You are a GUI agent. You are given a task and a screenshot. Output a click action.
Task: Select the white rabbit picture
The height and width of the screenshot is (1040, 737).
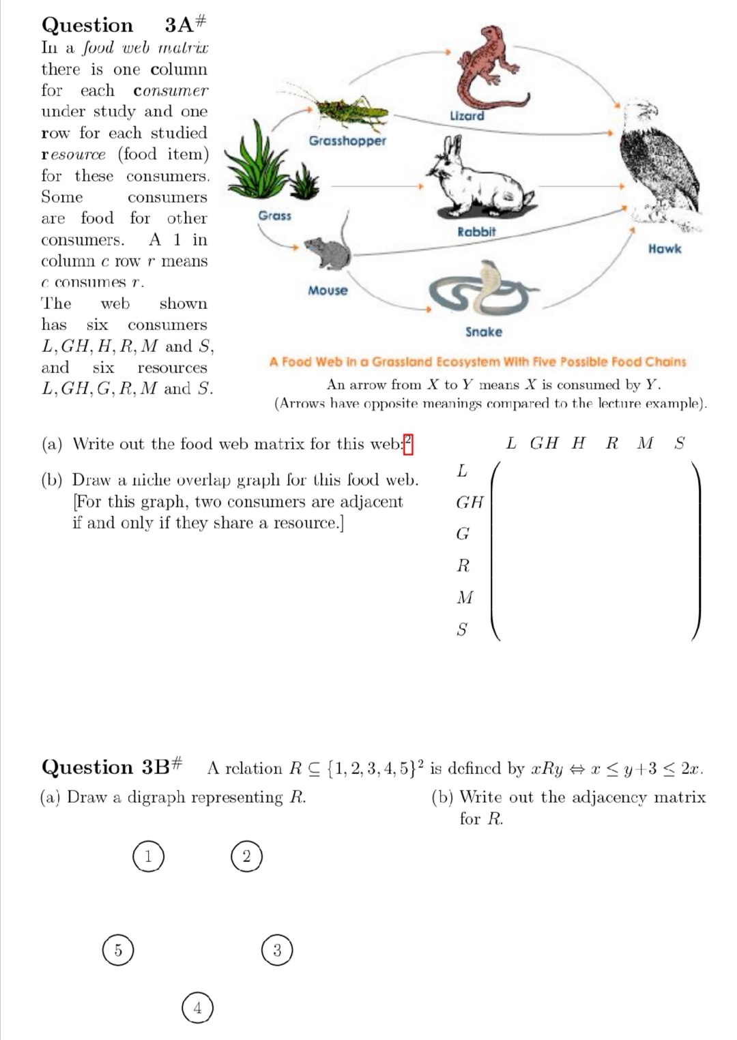click(x=478, y=181)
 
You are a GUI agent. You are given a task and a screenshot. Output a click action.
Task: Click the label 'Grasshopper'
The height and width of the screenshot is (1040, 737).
click(x=347, y=140)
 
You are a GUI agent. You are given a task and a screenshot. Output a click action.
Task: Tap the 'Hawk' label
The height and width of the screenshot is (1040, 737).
click(x=664, y=249)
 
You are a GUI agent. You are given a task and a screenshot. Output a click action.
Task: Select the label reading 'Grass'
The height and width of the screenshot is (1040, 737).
click(x=274, y=216)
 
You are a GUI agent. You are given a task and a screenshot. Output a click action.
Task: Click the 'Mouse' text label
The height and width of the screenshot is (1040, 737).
click(x=328, y=291)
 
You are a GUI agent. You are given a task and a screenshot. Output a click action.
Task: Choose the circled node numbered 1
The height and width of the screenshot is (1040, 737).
click(x=148, y=856)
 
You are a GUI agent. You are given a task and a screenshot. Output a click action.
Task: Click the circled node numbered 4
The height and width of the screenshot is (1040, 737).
click(x=197, y=1007)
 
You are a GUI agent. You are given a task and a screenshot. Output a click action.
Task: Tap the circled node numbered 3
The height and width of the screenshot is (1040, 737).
click(x=276, y=950)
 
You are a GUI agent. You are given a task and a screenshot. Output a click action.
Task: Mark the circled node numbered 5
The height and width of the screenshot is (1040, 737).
click(x=118, y=950)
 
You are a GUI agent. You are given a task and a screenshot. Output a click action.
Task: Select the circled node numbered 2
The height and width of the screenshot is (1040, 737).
click(x=246, y=856)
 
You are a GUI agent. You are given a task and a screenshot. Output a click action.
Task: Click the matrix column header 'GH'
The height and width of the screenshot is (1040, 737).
click(x=544, y=443)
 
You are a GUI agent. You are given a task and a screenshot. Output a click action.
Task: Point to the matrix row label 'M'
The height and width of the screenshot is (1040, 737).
click(x=464, y=597)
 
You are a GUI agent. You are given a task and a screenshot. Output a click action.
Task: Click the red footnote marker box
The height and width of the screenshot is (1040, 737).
click(x=408, y=443)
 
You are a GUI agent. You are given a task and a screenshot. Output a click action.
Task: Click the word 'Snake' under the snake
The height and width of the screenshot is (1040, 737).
click(x=483, y=332)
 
